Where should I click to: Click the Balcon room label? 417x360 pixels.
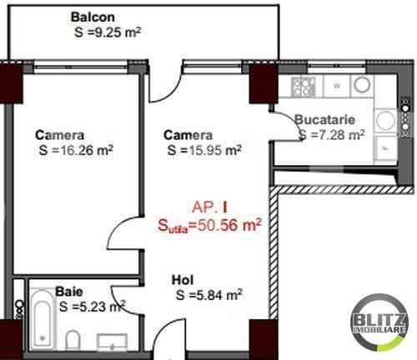(x=93, y=17)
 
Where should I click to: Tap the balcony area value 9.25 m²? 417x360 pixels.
(x=108, y=32)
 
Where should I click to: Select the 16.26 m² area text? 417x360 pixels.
(x=76, y=150)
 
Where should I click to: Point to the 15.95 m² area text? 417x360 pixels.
(x=204, y=150)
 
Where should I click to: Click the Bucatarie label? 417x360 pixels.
(x=324, y=120)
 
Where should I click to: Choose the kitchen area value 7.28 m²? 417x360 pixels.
(x=332, y=135)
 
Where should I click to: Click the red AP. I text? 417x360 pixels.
(x=209, y=207)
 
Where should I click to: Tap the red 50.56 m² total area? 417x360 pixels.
(x=209, y=225)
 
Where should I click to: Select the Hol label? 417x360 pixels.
(x=183, y=280)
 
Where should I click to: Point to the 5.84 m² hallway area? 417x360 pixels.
(x=209, y=295)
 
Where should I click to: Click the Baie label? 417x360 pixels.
(x=69, y=292)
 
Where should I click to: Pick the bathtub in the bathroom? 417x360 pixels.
(x=42, y=320)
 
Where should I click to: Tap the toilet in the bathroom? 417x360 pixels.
(x=73, y=340)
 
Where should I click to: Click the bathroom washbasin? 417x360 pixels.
(x=112, y=342)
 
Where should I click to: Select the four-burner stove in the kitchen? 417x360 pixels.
(x=303, y=87)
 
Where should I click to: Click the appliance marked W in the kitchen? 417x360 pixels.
(x=337, y=86)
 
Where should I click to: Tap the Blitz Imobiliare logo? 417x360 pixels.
(x=379, y=322)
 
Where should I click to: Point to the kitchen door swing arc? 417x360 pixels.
(x=292, y=120)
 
